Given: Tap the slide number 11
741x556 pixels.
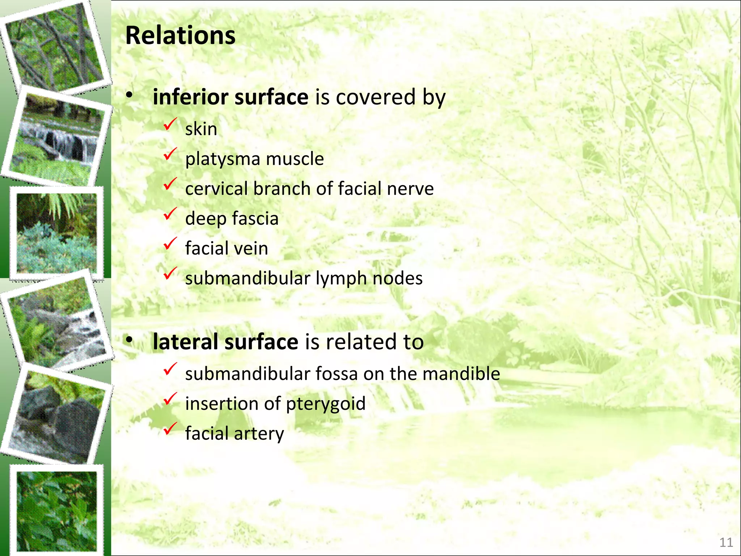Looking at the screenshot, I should click(x=726, y=542).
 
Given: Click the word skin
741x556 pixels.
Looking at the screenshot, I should click(x=201, y=129).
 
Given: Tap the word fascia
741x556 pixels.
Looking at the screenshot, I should click(x=255, y=219).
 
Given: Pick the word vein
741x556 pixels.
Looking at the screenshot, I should click(x=252, y=248).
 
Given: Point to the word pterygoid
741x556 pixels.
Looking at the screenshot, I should click(x=326, y=404).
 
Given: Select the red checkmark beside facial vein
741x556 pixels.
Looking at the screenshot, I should click(x=170, y=244).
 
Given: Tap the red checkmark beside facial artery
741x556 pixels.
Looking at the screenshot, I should click(x=170, y=429).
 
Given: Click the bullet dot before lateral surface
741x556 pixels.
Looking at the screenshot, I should click(x=129, y=341).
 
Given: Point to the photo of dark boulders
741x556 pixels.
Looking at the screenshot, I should click(x=58, y=416).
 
